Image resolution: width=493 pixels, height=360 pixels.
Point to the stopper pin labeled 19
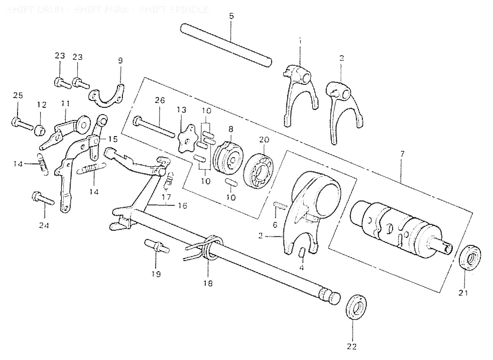[157, 246]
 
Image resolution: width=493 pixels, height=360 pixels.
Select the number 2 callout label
[260, 236]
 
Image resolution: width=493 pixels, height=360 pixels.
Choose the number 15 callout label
[113, 139]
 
